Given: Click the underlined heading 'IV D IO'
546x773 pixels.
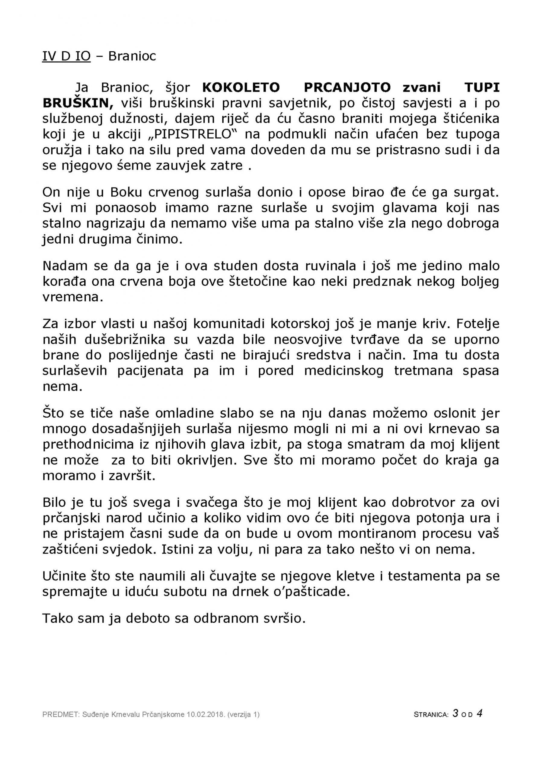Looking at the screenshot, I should (x=66, y=56).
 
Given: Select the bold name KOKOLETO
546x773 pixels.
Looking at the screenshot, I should (x=241, y=88).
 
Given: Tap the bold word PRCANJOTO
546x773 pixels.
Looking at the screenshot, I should (x=347, y=88).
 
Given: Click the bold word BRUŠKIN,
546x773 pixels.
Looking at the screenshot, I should (x=78, y=103).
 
